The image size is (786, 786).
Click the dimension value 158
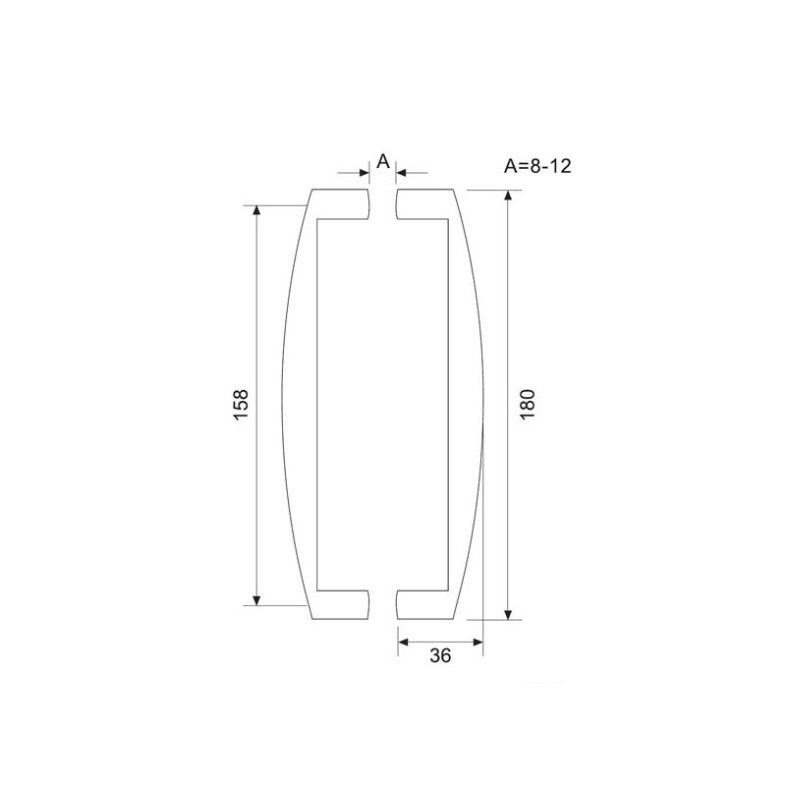tap(241, 405)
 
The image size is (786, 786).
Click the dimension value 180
tap(528, 405)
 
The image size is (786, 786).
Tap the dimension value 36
tap(440, 655)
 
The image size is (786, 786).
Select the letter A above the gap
tap(383, 161)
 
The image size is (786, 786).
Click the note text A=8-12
tap(537, 166)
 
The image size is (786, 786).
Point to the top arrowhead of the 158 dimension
tap(256, 210)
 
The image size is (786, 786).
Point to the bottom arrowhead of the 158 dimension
tap(256, 600)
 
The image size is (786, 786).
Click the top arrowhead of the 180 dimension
tap(508, 195)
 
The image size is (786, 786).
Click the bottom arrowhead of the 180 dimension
tap(508, 615)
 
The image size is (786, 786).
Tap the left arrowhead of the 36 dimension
tap(403, 643)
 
